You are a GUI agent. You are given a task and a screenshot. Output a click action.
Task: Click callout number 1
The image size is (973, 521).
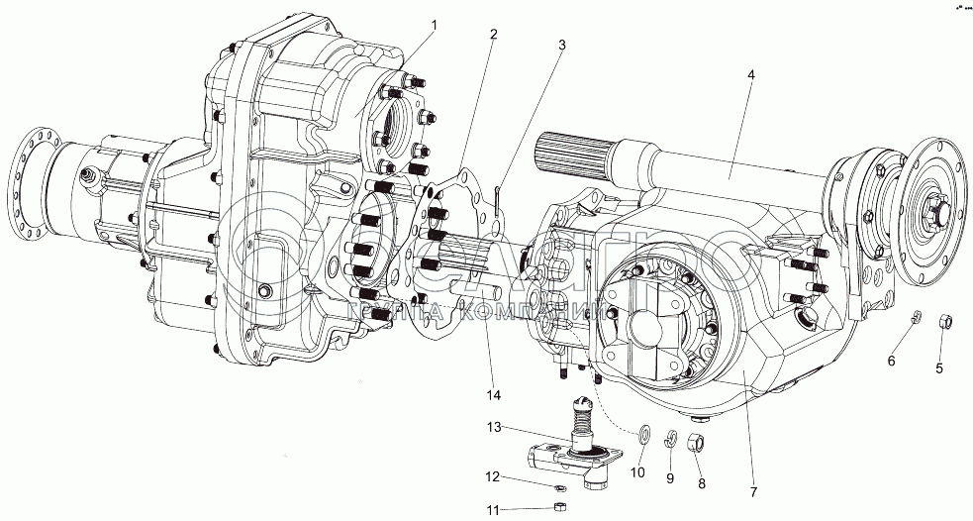click(437, 23)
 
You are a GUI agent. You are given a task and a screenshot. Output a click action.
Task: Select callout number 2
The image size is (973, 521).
click(492, 36)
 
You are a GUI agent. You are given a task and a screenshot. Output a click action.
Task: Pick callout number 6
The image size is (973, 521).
click(891, 362)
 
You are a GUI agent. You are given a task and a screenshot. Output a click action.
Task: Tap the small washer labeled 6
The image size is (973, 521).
click(917, 317)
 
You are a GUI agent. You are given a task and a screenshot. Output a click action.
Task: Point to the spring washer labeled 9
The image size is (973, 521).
click(670, 437)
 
